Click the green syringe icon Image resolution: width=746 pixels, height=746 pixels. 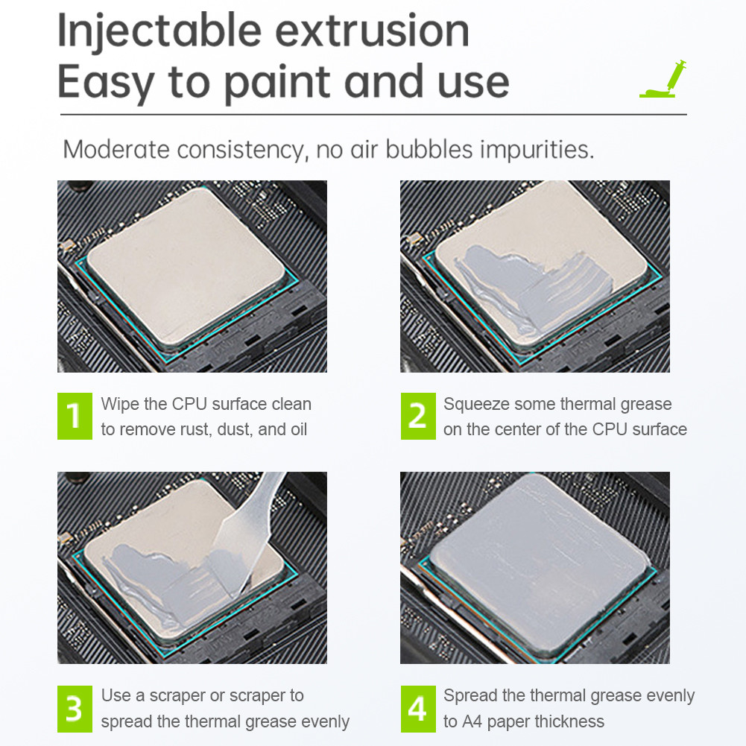pos(663,80)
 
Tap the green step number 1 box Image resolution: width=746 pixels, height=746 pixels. pos(75,416)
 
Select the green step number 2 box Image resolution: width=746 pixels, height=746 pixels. pos(418,416)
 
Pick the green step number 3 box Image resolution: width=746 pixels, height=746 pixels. pos(75,709)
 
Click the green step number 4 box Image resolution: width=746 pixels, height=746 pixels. pos(418,709)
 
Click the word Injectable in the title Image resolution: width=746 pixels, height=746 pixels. pos(159,32)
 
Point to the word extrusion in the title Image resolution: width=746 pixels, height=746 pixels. pos(372,31)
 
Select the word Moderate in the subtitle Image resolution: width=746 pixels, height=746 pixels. pos(116,149)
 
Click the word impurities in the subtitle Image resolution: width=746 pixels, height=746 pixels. pos(537,151)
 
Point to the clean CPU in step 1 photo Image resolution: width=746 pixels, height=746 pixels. pos(186,267)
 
